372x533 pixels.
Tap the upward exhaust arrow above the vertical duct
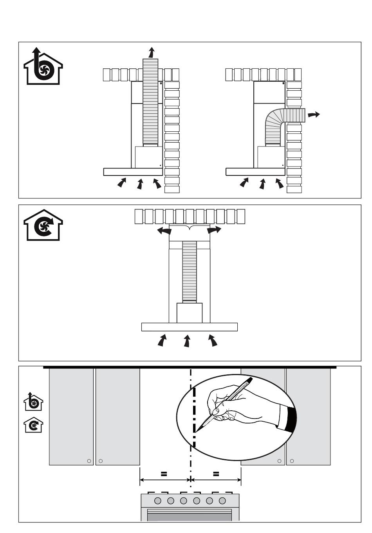[151, 52]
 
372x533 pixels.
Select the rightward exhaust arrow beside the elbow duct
[314, 114]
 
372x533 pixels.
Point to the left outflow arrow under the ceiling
[164, 231]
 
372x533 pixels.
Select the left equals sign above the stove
[164, 474]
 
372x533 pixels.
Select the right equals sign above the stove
[216, 474]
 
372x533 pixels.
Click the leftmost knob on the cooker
[158, 501]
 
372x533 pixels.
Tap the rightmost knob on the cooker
[222, 501]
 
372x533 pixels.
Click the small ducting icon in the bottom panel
[34, 402]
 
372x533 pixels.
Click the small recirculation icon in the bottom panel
[34, 425]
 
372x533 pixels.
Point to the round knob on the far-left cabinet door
[89, 461]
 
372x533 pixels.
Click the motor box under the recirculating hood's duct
[190, 313]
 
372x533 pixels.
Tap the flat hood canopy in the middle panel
[190, 327]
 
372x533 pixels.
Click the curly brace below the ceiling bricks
[190, 228]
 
